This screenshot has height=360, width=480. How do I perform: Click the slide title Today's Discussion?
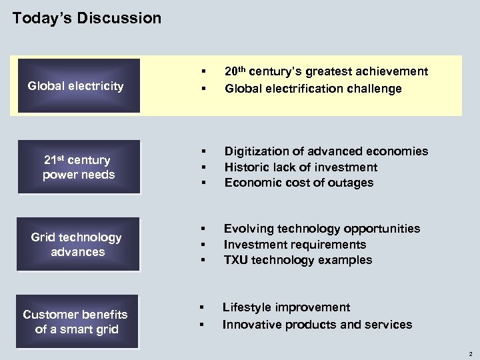coord(87,18)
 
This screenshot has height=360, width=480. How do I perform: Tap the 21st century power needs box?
coord(79,167)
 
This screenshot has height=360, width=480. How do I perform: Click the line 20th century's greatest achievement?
coord(326,71)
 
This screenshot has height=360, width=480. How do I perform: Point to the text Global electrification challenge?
coord(313,89)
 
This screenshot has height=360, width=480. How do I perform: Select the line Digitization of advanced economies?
coord(326,151)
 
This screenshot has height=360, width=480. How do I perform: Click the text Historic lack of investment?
coord(301,167)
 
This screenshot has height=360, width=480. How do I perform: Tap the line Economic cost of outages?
coord(299,183)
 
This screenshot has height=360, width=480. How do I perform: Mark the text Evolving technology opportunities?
coord(322,229)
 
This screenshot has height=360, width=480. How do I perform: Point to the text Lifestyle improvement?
coord(286,307)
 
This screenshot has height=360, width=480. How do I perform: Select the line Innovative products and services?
coord(317,325)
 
